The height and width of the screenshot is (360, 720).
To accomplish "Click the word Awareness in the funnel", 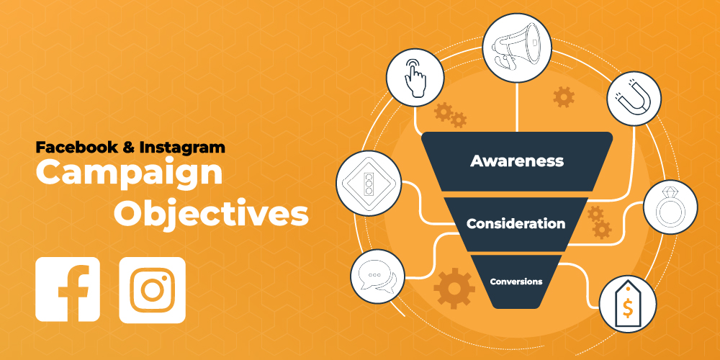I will (516, 161).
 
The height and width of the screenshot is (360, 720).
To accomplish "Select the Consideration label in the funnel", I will (516, 223).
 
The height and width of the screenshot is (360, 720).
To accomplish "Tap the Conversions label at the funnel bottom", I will (516, 281).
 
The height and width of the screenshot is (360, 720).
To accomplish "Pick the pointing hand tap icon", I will (414, 78).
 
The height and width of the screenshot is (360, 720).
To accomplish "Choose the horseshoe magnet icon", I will (634, 99).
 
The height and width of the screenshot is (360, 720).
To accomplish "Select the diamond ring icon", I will (670, 207).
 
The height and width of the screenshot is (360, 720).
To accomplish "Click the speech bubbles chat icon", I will (377, 278).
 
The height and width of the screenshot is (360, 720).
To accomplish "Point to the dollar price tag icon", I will (627, 303).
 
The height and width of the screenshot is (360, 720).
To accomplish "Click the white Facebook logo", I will (68, 289).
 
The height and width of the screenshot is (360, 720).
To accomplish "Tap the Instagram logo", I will (152, 289).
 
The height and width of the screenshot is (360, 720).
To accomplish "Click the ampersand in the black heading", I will (128, 148).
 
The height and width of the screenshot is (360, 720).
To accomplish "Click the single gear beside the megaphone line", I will (563, 96).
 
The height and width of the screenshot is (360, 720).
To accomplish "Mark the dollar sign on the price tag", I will (628, 309).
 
